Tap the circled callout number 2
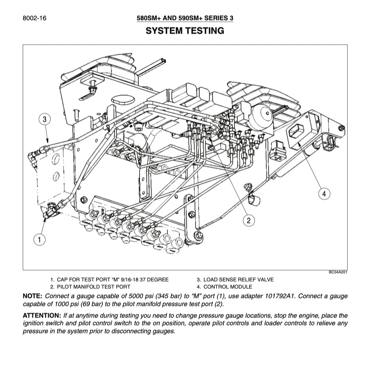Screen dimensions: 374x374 249,220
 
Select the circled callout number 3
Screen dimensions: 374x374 45,119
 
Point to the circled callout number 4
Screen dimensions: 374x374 324,194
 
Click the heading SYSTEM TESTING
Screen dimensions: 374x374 185,31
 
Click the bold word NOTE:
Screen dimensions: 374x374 33,296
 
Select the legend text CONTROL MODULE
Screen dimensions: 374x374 228,287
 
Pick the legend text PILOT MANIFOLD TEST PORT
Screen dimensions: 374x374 93,287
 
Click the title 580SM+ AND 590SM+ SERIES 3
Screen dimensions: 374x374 185,18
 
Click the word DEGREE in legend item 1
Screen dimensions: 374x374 157,280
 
